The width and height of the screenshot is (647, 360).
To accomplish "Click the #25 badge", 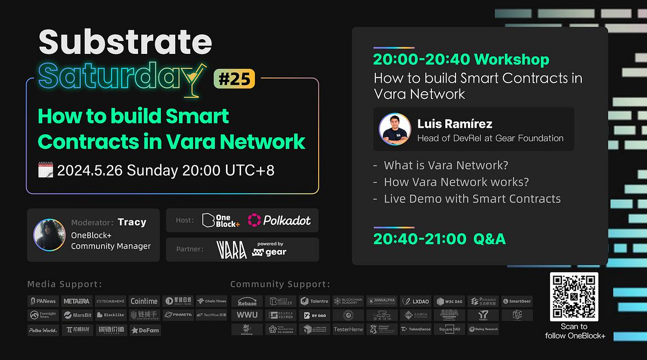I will [234, 79].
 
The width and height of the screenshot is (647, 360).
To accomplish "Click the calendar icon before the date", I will [46, 170].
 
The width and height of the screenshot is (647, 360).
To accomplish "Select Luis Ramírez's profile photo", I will [395, 129].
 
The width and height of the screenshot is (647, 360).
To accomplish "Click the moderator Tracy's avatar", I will [50, 234].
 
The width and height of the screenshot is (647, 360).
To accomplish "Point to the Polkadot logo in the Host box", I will [279, 220].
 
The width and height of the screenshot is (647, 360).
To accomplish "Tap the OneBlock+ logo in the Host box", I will [221, 220].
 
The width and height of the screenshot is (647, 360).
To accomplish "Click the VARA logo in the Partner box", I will [231, 250].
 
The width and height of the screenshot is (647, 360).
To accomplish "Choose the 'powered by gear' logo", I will [270, 249].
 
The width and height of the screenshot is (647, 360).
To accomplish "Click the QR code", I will [574, 296].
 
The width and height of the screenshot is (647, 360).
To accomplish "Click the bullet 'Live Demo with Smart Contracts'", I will [472, 199].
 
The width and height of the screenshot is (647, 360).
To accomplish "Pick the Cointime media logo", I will [144, 301].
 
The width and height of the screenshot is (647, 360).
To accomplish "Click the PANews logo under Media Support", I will [44, 301].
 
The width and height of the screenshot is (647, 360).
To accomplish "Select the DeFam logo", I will [145, 330].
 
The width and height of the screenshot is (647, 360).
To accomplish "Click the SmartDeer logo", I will [517, 301].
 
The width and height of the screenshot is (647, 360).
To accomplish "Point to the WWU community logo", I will [247, 315].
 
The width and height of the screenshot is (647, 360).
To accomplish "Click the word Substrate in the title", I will [126, 42].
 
